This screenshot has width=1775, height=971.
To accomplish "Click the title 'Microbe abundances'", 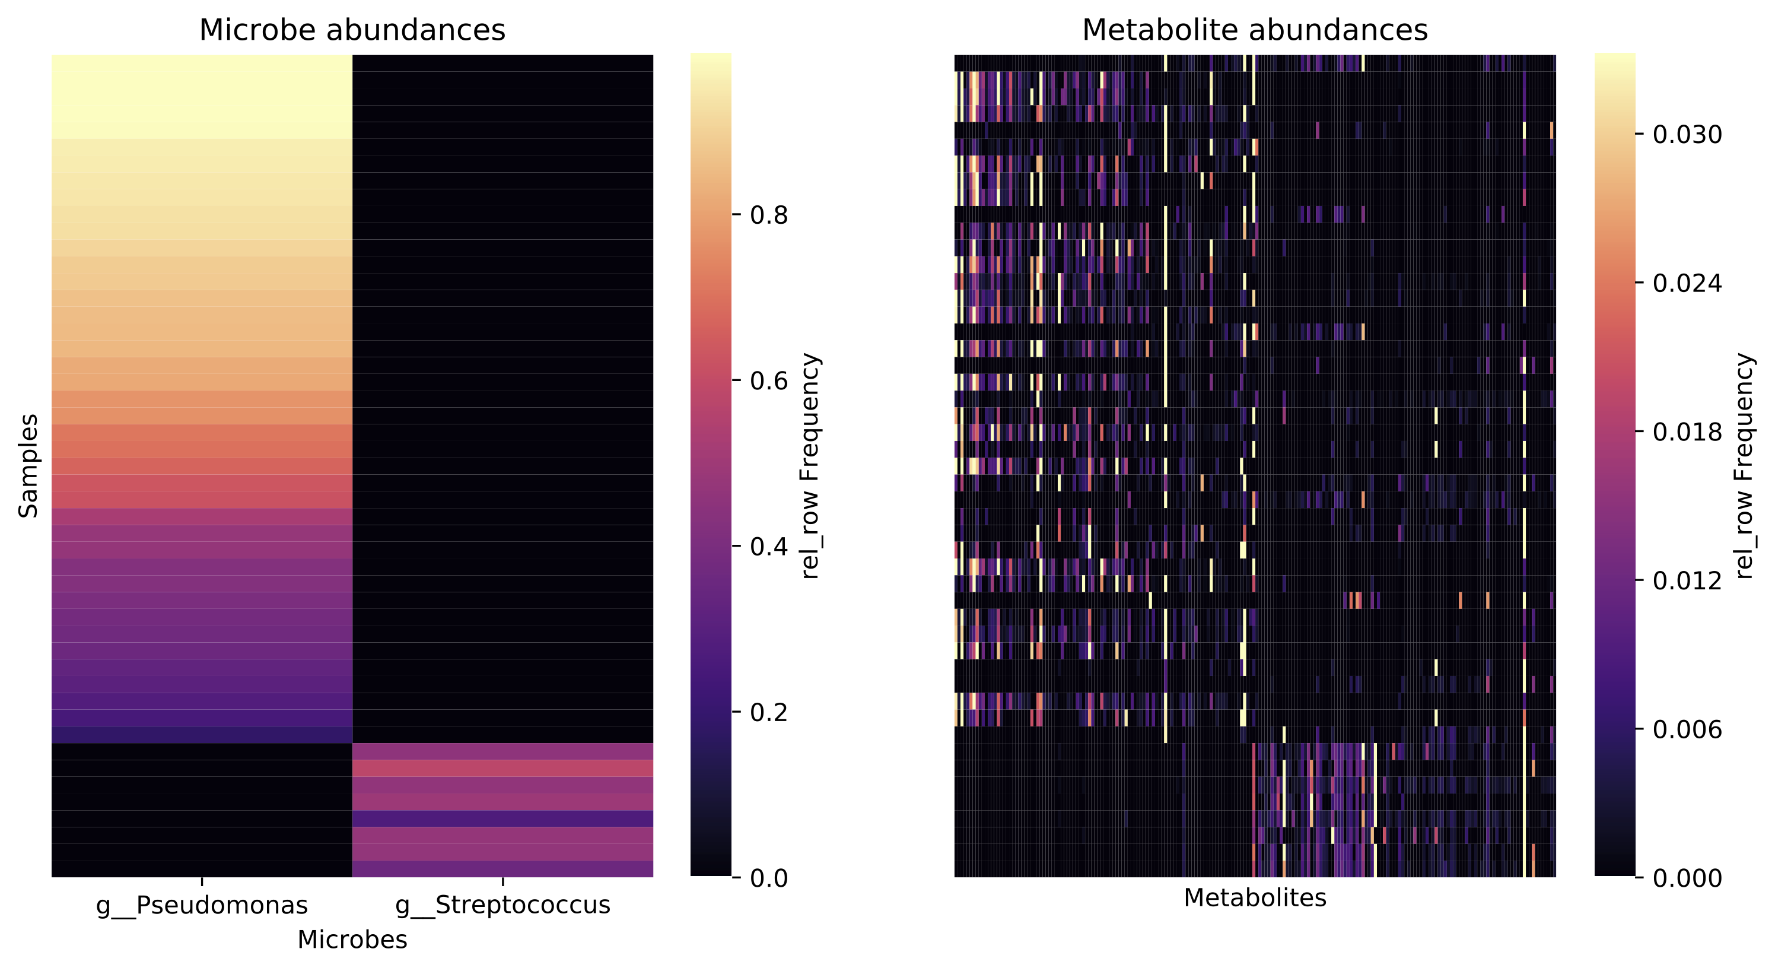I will [x=352, y=30].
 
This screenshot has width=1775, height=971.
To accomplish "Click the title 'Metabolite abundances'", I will [x=1255, y=30].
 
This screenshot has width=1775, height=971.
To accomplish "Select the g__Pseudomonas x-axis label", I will [x=202, y=905].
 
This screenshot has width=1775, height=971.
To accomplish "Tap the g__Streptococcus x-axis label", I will [x=503, y=905].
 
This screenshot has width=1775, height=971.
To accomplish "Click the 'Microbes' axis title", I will [x=352, y=940].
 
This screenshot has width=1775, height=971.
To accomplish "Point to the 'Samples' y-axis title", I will [x=28, y=466].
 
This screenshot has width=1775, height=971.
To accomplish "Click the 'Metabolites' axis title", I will [x=1255, y=897].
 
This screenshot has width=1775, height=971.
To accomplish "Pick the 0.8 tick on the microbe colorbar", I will [x=768, y=215].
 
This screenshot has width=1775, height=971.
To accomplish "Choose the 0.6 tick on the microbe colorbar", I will [x=768, y=380].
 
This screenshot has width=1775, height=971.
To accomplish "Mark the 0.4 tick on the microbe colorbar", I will [x=768, y=547].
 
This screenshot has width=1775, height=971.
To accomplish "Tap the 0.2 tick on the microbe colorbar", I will [x=768, y=712].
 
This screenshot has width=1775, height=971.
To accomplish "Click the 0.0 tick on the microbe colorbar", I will [x=768, y=877].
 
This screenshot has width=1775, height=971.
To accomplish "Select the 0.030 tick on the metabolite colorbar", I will [x=1687, y=134].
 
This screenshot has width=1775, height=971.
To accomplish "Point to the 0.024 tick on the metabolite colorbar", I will [x=1687, y=283].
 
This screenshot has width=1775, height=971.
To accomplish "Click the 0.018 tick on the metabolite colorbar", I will [x=1687, y=431].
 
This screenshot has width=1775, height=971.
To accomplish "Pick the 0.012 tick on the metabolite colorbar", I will [x=1687, y=580].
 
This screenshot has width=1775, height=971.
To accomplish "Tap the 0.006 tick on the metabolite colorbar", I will [x=1687, y=729].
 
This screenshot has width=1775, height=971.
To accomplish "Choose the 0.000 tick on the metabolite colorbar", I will [x=1687, y=877].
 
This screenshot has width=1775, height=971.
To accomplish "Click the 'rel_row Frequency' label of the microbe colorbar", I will [x=811, y=466].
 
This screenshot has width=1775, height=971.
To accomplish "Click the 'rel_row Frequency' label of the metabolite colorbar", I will [x=1744, y=466].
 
